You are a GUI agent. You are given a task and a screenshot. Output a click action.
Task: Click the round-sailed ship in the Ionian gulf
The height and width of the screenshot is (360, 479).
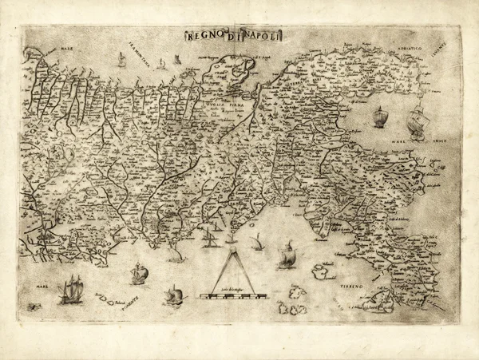pos(380,117)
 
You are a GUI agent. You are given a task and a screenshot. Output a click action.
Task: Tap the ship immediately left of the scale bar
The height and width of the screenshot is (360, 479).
pos(172,295)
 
